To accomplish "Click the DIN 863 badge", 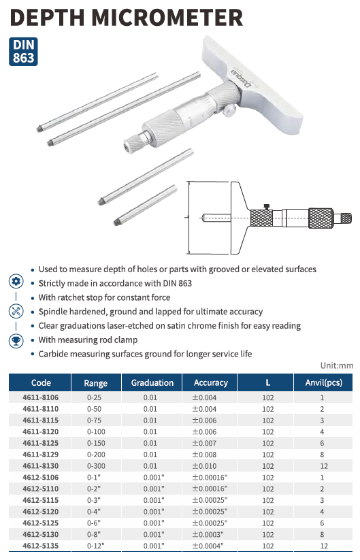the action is coord(23,52).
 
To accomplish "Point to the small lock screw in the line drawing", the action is coord(266,207).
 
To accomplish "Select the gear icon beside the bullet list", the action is coord(16,282).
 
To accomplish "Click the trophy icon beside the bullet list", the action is coord(16,341).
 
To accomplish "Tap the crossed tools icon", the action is coord(16,311).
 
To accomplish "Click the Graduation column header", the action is coord(152,383).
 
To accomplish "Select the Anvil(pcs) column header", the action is coord(323,383).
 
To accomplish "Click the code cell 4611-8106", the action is coord(40,397).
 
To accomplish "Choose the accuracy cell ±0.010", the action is coord(204,466).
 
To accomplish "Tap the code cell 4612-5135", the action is coord(40,546).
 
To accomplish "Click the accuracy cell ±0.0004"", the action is coord(208,546).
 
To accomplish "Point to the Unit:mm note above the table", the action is coord(337,365).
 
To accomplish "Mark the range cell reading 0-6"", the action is coord(94,523).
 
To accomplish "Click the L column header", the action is coord(268,383).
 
